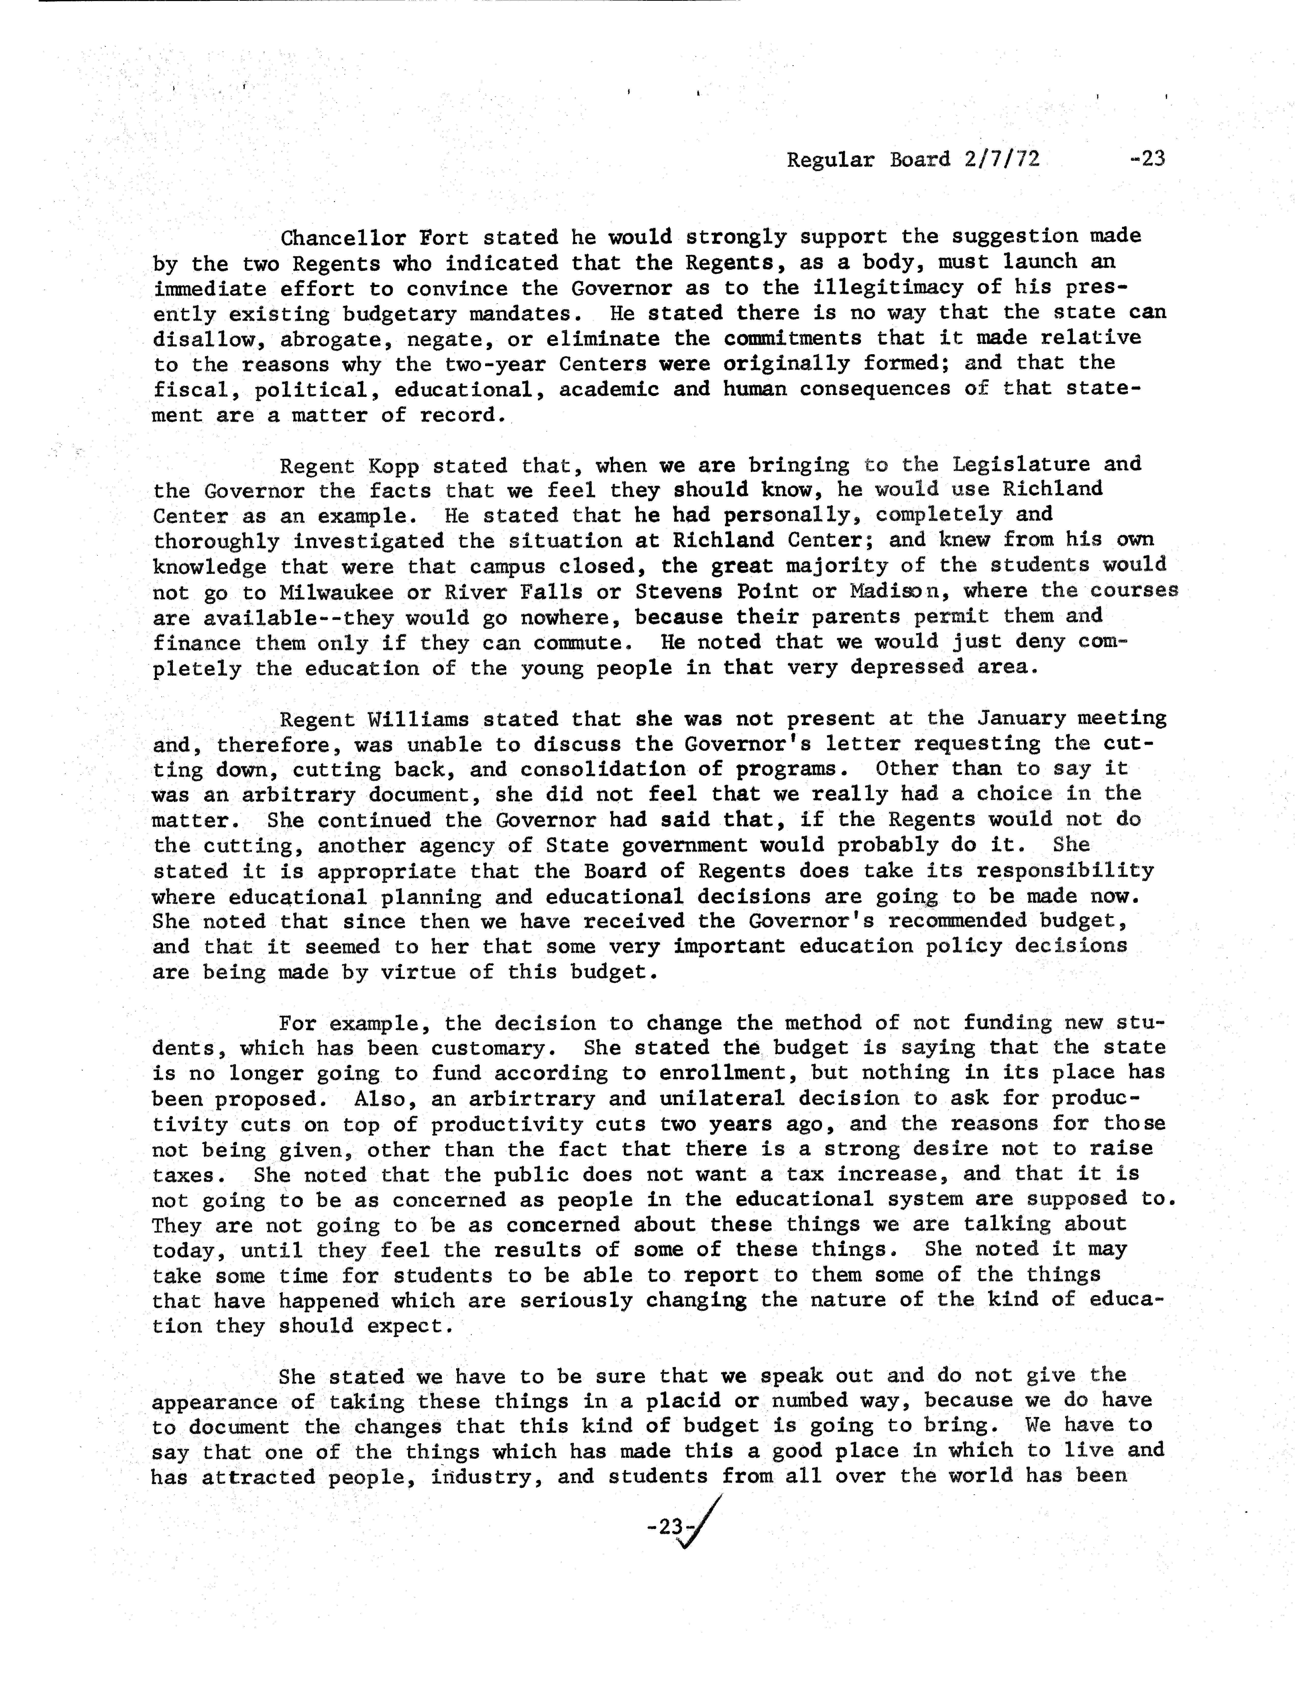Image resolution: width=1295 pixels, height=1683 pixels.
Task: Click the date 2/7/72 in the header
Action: coord(1001,160)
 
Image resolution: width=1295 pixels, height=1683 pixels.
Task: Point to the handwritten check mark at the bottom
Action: coord(703,1522)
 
